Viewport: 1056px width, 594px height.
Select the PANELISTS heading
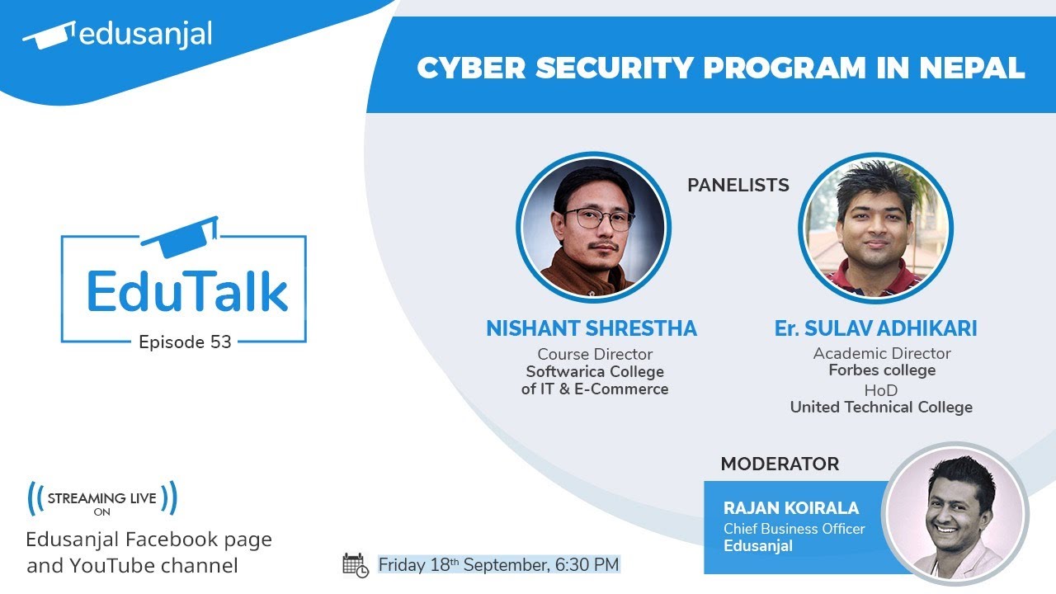[x=738, y=186]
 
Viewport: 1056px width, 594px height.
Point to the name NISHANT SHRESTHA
[x=592, y=328]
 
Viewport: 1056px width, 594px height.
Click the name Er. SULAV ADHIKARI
[x=875, y=328]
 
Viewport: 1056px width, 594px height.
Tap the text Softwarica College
[x=595, y=371]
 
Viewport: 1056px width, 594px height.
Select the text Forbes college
[x=882, y=370]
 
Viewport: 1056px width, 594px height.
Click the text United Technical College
[x=881, y=407]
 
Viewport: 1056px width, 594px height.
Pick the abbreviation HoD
[x=880, y=389]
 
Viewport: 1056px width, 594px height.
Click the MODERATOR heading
[x=780, y=464]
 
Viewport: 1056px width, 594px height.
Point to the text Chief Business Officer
[x=794, y=528]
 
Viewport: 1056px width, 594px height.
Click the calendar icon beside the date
[x=355, y=565]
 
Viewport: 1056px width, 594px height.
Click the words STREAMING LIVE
[x=102, y=498]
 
